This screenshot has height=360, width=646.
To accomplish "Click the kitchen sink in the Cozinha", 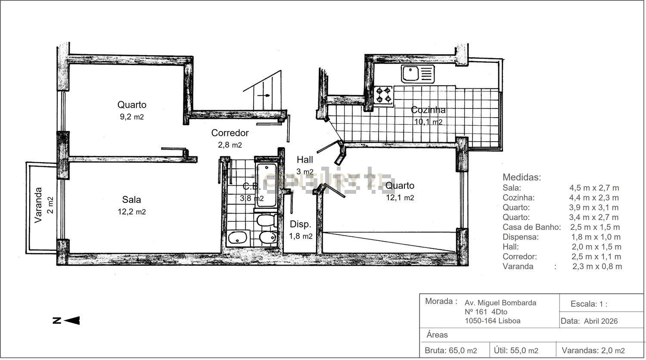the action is click(x=418, y=74).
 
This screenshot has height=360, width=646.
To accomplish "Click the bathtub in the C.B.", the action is click(x=267, y=185).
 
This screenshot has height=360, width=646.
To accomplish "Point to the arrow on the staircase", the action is click(x=264, y=96).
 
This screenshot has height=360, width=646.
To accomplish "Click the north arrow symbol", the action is click(x=66, y=320).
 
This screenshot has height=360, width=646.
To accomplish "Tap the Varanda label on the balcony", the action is click(x=38, y=205).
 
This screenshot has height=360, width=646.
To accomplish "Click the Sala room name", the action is click(x=131, y=199).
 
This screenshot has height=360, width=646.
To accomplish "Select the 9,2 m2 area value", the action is click(x=132, y=117).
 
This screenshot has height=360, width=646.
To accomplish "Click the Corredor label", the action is click(x=230, y=133).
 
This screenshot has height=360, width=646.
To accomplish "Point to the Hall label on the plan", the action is click(x=305, y=159).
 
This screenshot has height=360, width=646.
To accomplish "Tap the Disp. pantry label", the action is click(x=301, y=224).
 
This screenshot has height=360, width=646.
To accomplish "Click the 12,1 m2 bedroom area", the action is click(x=400, y=198).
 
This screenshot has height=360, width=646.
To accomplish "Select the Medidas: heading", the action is click(x=522, y=177).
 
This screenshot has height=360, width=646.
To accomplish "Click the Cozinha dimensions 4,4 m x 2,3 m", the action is click(x=594, y=198).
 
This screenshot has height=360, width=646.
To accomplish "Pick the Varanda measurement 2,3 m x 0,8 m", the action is click(x=597, y=266).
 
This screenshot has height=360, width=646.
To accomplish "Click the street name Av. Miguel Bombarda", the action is click(x=500, y=303).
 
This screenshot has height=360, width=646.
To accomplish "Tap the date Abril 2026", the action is click(x=601, y=321).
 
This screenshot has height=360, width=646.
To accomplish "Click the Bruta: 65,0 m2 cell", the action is click(x=451, y=351).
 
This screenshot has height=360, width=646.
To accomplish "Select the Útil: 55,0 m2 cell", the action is click(x=516, y=351).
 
